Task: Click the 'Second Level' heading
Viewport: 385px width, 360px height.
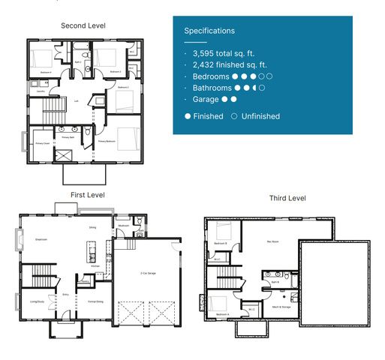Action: coord(83,25)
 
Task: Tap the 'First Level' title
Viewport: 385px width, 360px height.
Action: coord(87,195)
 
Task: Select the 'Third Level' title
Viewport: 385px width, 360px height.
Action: coord(287,198)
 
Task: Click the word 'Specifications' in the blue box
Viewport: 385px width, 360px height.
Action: coord(209,31)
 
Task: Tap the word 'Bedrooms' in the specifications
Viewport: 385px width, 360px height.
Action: coord(211,76)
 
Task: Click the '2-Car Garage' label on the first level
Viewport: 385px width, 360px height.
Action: coord(148,274)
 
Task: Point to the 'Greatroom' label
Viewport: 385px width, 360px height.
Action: coord(41,239)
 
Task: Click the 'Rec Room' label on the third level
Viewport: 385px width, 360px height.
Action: coord(273,241)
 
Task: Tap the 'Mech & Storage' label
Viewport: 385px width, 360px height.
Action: coord(281,307)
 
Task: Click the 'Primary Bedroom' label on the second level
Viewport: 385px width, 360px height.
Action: coord(106,140)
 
